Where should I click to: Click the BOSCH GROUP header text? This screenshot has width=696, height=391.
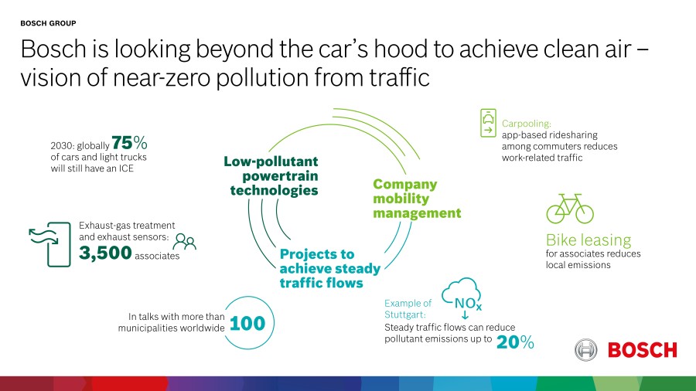(48, 23)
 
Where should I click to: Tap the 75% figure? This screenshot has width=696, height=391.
(129, 143)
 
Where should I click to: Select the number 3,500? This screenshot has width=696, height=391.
(105, 253)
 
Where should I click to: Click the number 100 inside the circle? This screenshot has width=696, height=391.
(247, 323)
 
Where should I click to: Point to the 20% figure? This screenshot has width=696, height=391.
(515, 342)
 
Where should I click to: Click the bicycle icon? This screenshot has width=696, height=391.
(570, 209)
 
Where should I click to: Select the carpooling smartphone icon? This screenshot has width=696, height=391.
(488, 123)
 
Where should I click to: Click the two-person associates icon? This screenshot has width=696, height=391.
(184, 242)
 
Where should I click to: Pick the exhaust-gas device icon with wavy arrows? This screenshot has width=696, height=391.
(49, 244)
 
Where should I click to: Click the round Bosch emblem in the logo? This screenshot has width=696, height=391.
(586, 350)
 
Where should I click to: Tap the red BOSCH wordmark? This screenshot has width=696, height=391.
(643, 350)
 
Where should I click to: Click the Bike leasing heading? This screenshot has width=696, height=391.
(589, 240)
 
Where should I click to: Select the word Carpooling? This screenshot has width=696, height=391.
(527, 124)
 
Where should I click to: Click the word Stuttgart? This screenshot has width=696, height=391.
(404, 314)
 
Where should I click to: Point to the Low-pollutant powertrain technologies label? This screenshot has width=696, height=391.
(271, 175)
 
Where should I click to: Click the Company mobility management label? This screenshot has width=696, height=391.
(417, 199)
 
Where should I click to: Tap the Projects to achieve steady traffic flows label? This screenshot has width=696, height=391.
(329, 268)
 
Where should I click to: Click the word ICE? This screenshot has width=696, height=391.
(125, 168)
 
